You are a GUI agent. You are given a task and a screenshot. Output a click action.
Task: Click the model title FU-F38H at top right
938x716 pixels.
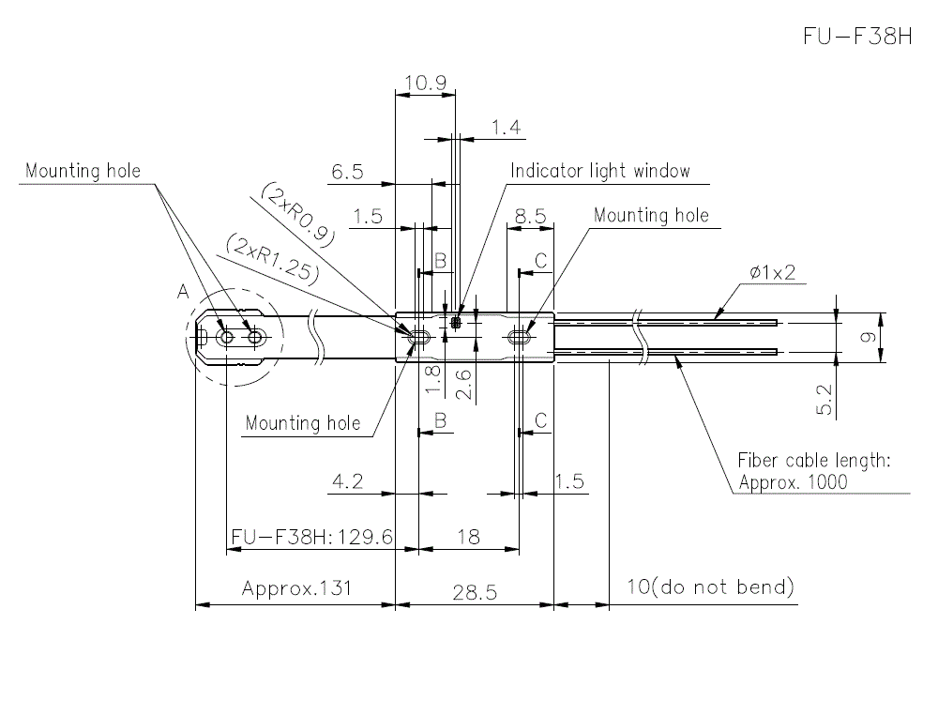coord(857,36)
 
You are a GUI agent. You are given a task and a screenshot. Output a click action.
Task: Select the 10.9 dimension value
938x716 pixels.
coord(425,83)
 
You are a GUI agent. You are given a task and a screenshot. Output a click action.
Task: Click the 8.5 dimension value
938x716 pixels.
coord(530,216)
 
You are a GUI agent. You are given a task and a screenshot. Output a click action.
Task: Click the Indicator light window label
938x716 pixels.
coord(600,171)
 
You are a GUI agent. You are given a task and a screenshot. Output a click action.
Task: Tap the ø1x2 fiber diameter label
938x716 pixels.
coord(773,272)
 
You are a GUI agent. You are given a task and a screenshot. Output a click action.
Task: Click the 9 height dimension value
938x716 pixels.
coord(869,337)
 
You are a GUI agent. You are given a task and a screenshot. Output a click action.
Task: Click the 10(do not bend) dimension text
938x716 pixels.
coord(710,587)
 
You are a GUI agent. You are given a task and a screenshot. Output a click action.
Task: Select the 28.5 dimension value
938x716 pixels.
coord(474,592)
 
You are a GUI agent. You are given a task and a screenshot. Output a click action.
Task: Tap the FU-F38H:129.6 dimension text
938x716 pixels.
coord(310,537)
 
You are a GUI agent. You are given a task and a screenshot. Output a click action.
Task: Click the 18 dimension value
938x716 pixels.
coord(467,537)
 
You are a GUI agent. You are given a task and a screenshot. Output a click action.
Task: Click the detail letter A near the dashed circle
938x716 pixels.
coord(182,293)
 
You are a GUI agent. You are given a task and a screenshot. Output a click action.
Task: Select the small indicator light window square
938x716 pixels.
coord(457,324)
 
